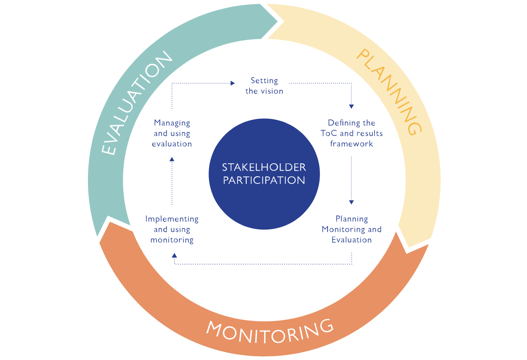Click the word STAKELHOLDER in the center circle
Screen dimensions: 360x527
[x=264, y=167]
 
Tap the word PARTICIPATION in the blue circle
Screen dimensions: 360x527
[x=264, y=180]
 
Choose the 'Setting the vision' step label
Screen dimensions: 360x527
[x=264, y=86]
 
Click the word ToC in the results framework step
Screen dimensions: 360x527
[x=328, y=133]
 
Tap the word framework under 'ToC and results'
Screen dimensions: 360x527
[x=351, y=144]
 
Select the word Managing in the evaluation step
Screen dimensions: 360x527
[x=172, y=123]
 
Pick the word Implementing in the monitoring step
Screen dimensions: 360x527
[x=172, y=219]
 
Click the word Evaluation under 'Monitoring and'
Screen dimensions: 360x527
[x=351, y=240]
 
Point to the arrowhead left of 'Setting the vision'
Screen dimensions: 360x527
[x=233, y=83]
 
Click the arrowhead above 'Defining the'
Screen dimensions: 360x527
[x=351, y=106]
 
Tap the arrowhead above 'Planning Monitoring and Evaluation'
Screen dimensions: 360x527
[x=351, y=202]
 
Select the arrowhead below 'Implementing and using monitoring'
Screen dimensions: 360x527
[x=175, y=255]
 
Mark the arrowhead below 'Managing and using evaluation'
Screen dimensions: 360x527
[x=172, y=159]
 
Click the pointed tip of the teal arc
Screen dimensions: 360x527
[x=277, y=22]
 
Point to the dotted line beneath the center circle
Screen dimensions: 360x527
[x=264, y=264]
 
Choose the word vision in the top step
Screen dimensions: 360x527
[x=272, y=91]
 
